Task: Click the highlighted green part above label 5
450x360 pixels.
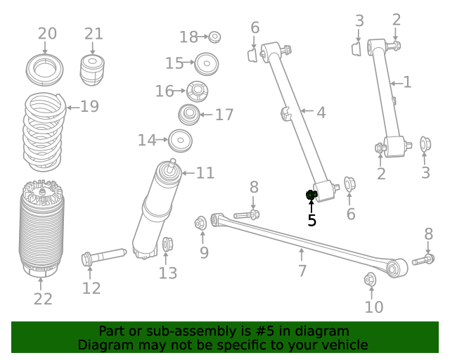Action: tap(311, 195)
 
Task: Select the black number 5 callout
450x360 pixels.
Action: tap(311, 221)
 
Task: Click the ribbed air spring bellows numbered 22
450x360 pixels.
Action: tap(41, 229)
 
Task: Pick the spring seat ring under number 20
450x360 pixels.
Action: tap(45, 70)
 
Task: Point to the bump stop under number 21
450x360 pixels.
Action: tap(93, 69)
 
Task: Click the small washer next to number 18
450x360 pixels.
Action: tap(215, 37)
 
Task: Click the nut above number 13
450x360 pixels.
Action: tap(167, 245)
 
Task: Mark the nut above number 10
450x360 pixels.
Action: tap(371, 280)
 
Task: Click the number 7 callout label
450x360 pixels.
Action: tap(302, 271)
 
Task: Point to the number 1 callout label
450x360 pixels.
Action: tap(406, 82)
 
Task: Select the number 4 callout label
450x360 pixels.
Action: tap(320, 112)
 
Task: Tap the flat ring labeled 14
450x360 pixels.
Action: tap(180, 141)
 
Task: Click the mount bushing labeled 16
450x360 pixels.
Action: tap(198, 91)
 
